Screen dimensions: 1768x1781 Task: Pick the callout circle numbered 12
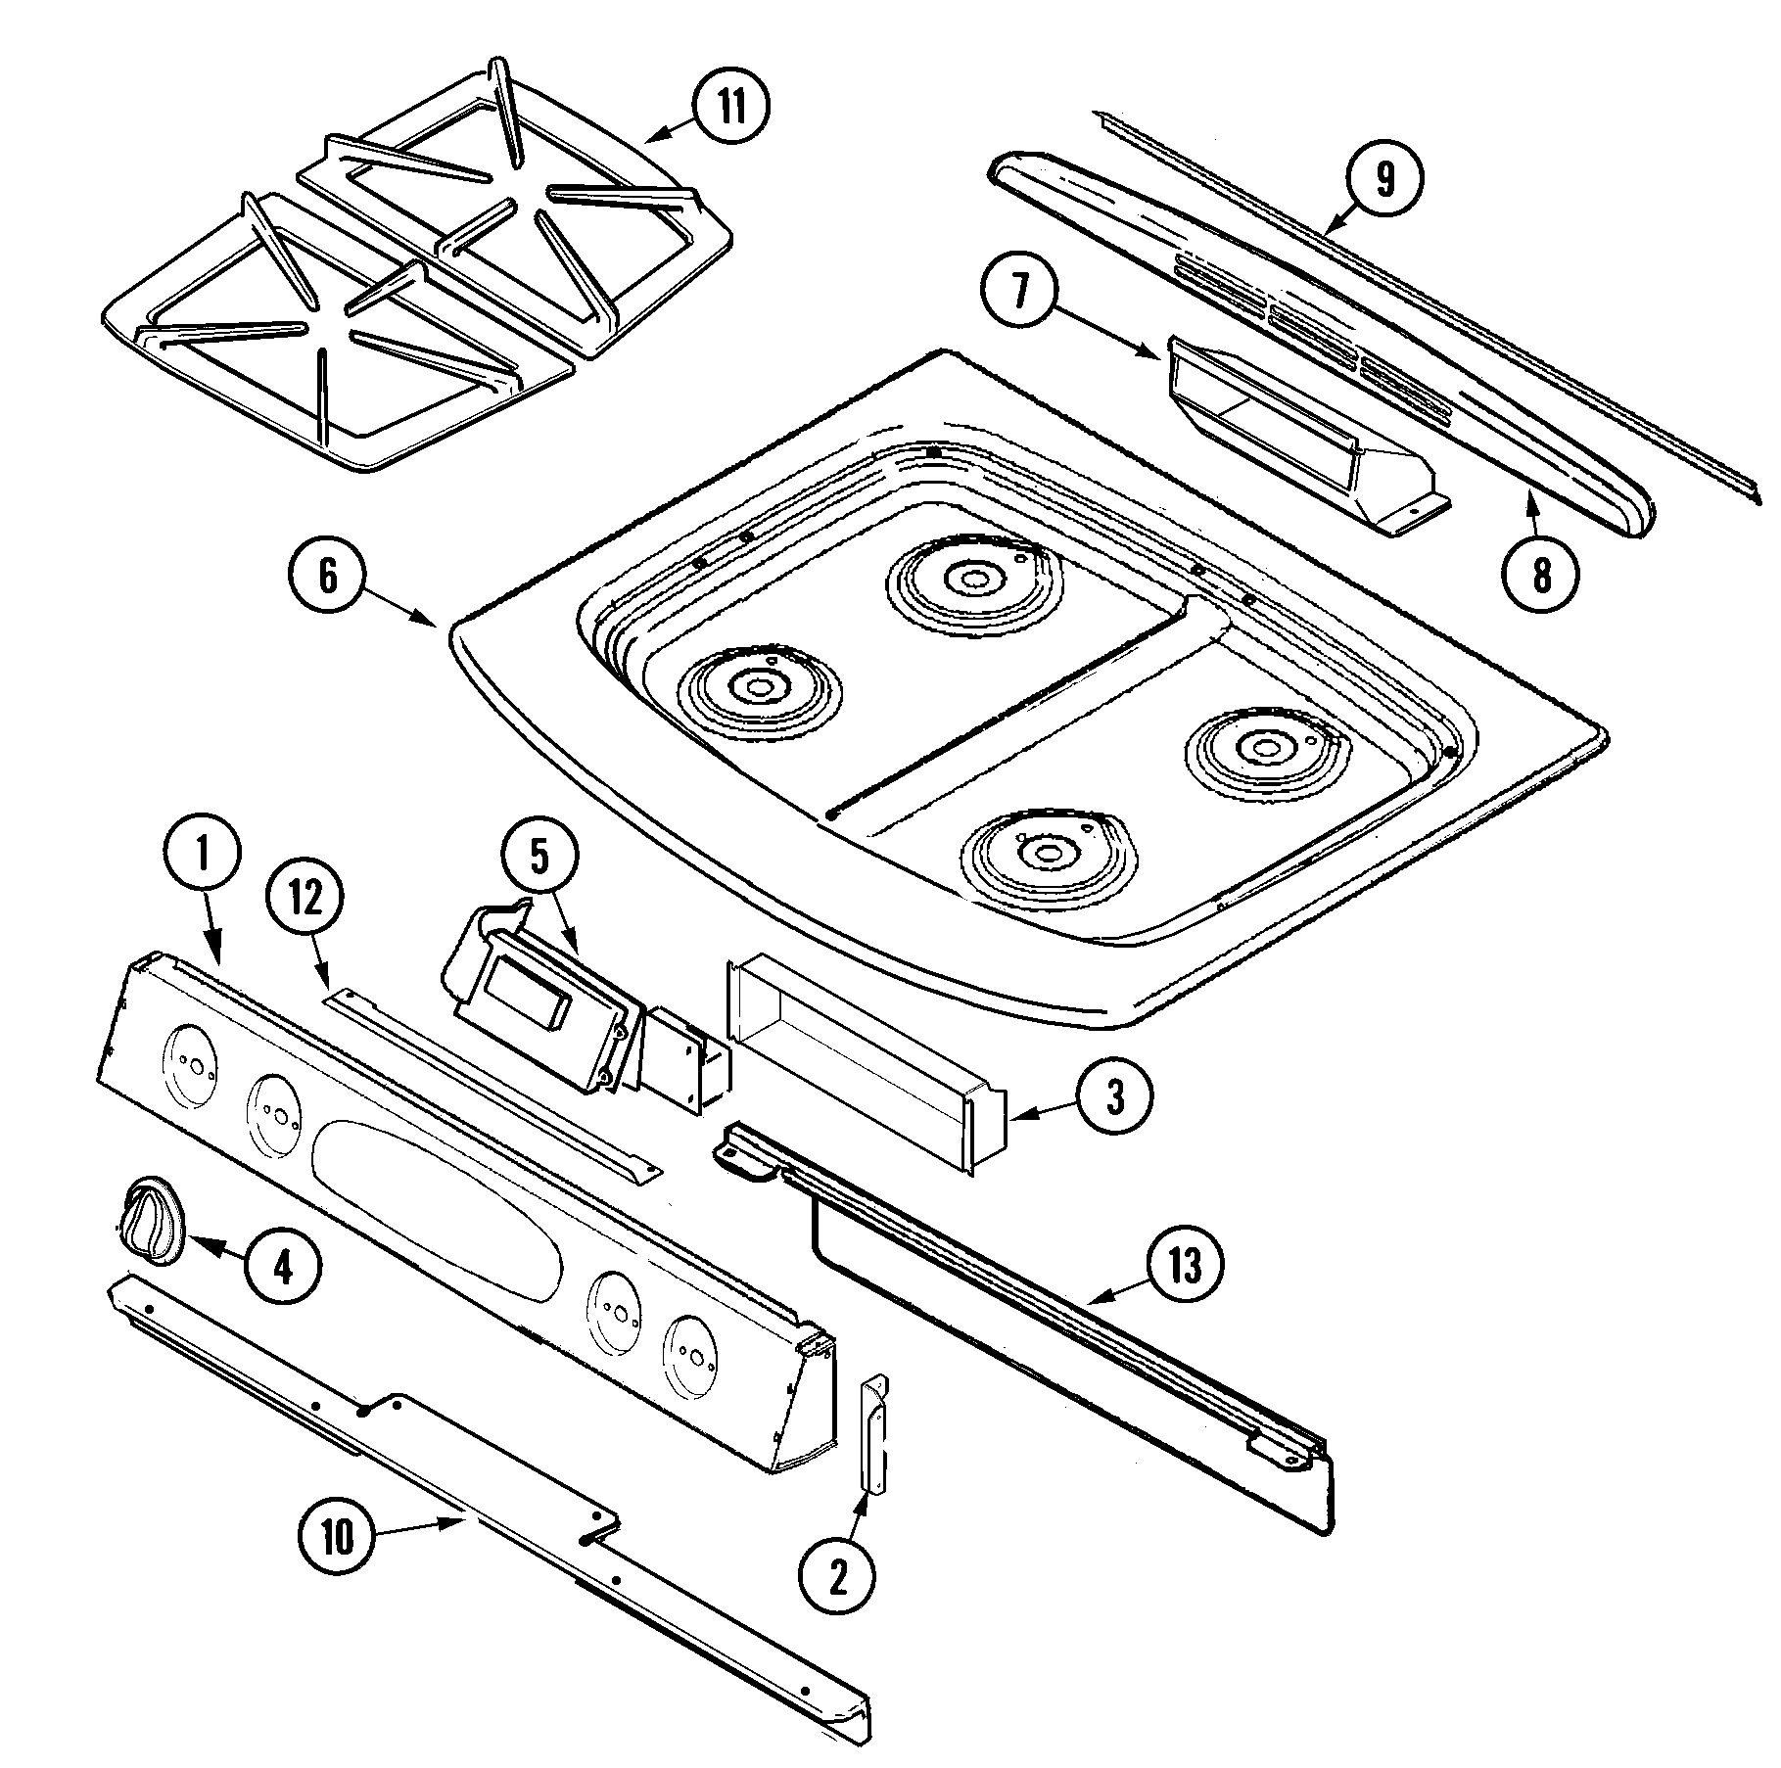coord(305,900)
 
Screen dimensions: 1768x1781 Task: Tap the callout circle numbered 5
coord(540,859)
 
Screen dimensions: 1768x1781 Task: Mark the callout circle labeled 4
coord(282,1270)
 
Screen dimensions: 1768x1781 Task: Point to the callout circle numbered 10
coord(336,1540)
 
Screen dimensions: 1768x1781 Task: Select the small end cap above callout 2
coord(873,1432)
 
